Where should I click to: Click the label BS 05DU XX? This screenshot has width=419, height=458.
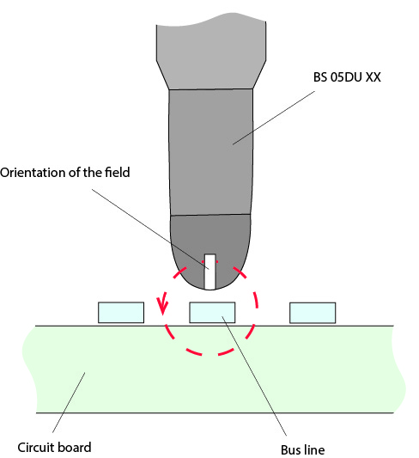pos(347,77)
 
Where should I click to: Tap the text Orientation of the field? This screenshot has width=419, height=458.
pos(64,173)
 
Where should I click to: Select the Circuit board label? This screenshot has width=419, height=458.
pos(54,447)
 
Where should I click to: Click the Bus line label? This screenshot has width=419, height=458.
pos(302,449)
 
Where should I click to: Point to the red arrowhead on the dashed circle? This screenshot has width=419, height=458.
pos(162,306)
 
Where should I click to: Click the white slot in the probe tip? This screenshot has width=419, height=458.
pos(209,272)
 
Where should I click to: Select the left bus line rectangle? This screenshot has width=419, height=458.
pos(121,313)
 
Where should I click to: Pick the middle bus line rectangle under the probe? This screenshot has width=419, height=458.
pos(212,313)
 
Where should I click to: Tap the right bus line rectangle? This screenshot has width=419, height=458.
pos(313,313)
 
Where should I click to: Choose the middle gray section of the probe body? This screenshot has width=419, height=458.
pos(210,152)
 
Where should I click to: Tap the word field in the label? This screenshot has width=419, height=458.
pos(118,172)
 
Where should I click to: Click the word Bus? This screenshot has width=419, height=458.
pos(291,449)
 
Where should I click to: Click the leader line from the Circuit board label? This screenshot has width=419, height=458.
pos(69,402)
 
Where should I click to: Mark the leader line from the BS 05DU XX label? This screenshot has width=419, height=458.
pos(274,118)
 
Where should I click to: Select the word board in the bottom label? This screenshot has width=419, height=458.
pos(73,447)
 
